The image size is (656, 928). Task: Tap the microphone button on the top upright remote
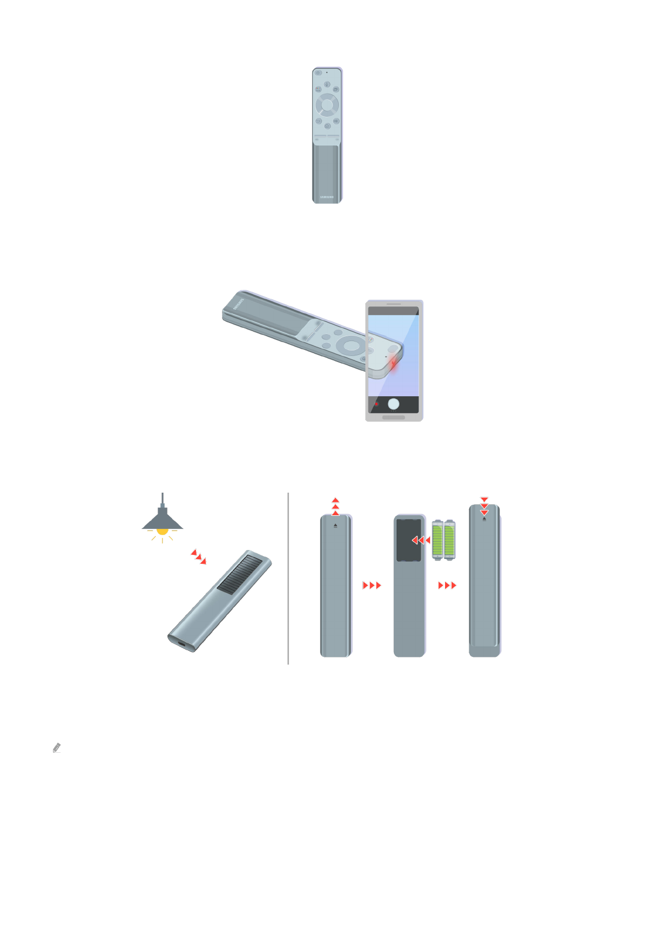pos(327,84)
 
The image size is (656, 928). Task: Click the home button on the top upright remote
pos(327,126)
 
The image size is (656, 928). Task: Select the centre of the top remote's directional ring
pos(327,105)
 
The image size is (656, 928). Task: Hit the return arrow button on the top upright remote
pos(318,121)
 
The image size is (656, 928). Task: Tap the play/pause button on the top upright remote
pos(336,121)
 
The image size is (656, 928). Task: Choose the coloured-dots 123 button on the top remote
pos(318,89)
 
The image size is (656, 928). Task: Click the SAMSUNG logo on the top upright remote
pos(327,197)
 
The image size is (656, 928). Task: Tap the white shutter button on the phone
pos(393,404)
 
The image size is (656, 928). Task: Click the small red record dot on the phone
pos(377,404)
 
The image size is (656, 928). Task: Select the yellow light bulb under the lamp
pos(162,531)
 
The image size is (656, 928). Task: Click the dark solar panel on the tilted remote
pos(240,574)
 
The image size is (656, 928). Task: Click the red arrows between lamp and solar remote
pos(198,557)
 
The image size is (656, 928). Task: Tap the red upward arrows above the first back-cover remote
pos(335,506)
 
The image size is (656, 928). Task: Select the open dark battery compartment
pos(408,540)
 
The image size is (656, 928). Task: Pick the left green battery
pos(438,540)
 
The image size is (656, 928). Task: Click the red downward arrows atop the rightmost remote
pos(484,506)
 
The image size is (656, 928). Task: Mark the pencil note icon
pos(56,748)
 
